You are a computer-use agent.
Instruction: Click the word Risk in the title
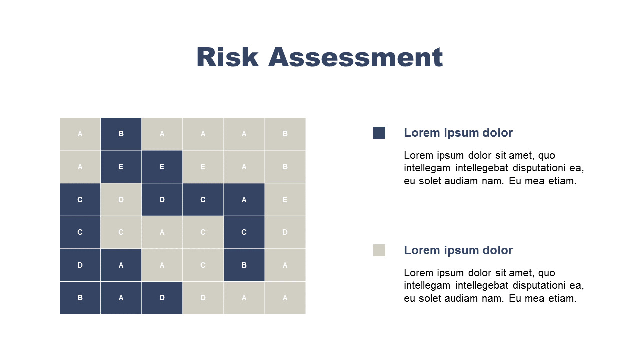point(227,57)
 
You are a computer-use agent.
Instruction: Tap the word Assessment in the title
point(355,57)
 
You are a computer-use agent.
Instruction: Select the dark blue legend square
point(379,133)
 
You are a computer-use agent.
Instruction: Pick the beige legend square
point(379,250)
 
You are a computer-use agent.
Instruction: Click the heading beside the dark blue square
point(458,133)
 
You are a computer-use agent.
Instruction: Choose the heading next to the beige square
point(458,250)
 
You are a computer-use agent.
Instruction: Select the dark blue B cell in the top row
point(121,134)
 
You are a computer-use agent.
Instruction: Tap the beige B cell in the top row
point(285,134)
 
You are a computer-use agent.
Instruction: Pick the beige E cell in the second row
point(203,167)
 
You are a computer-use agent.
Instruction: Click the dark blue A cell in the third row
point(244,199)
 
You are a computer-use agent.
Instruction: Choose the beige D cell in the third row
point(121,199)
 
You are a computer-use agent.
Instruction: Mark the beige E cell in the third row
point(285,199)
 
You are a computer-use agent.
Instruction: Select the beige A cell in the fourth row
point(162,232)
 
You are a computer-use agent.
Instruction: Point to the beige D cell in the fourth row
point(285,232)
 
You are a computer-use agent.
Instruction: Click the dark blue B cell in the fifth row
point(244,265)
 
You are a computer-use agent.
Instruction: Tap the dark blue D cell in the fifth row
point(80,265)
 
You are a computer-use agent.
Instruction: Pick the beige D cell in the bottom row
point(203,298)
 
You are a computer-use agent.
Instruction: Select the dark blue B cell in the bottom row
point(80,298)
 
